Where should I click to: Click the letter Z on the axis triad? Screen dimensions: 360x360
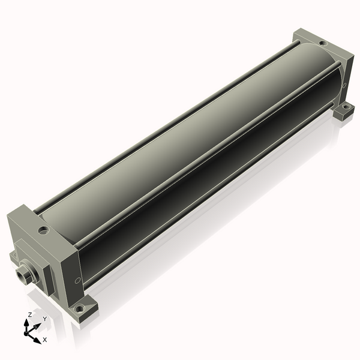point(30,315)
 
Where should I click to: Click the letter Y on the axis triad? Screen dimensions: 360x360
point(45,319)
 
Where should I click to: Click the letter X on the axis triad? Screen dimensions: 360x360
point(45,340)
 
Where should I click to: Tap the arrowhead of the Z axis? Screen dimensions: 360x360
point(26,323)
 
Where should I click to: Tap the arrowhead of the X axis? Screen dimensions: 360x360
point(37,340)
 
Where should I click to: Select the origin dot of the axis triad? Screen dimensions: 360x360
point(26,333)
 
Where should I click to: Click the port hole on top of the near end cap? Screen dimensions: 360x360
point(44,230)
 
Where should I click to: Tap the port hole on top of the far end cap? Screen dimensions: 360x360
point(323,43)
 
